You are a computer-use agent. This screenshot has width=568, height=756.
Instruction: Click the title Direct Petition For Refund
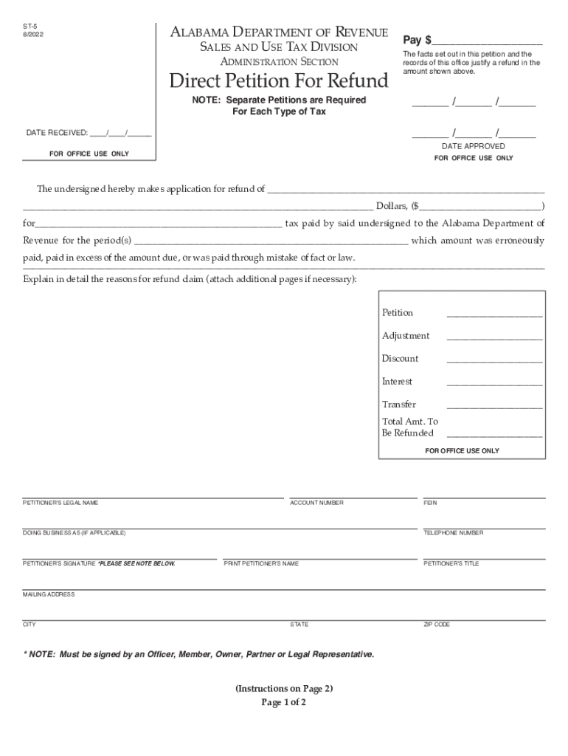tap(279, 80)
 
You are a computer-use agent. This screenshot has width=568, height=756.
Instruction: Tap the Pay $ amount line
tap(488, 41)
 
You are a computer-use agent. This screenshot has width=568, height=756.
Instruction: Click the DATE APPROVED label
tap(474, 146)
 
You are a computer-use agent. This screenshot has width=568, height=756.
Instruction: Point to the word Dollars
tap(391, 206)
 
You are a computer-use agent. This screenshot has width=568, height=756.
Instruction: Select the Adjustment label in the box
tap(406, 336)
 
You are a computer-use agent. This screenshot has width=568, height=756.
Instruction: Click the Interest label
tap(397, 382)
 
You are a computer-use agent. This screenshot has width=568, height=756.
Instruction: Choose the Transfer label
tap(399, 405)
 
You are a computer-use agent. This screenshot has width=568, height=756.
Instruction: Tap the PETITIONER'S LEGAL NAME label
tap(60, 503)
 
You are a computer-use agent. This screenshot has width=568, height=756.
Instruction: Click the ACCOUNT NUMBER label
tap(316, 503)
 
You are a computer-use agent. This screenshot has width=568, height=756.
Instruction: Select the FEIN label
tap(430, 503)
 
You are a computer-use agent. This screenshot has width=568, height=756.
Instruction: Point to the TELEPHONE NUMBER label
tap(453, 533)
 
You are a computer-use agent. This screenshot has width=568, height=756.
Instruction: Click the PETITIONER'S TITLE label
tap(451, 564)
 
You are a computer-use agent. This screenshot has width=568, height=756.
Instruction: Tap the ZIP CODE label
tap(436, 625)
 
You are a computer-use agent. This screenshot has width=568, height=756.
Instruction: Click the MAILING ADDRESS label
tap(49, 594)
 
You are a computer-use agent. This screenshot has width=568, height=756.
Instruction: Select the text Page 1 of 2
tap(284, 702)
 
